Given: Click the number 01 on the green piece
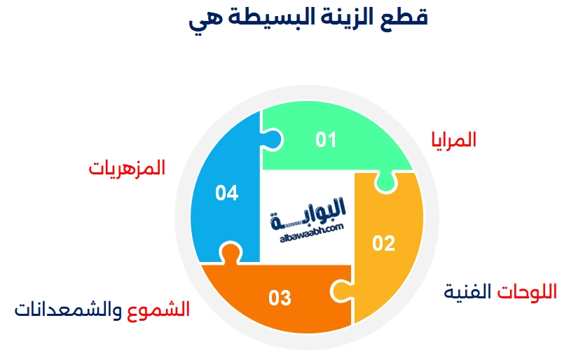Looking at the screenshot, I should point(326,140).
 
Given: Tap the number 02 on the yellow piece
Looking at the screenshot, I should point(384,243).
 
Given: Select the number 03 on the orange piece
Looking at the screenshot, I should point(280,298).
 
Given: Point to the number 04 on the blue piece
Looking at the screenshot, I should point(226,193).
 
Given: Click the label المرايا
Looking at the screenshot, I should point(454,139).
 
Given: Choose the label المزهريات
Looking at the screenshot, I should point(127,168).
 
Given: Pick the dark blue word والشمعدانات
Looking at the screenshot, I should point(70,309).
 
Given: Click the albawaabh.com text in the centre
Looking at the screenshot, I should point(310,231).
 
